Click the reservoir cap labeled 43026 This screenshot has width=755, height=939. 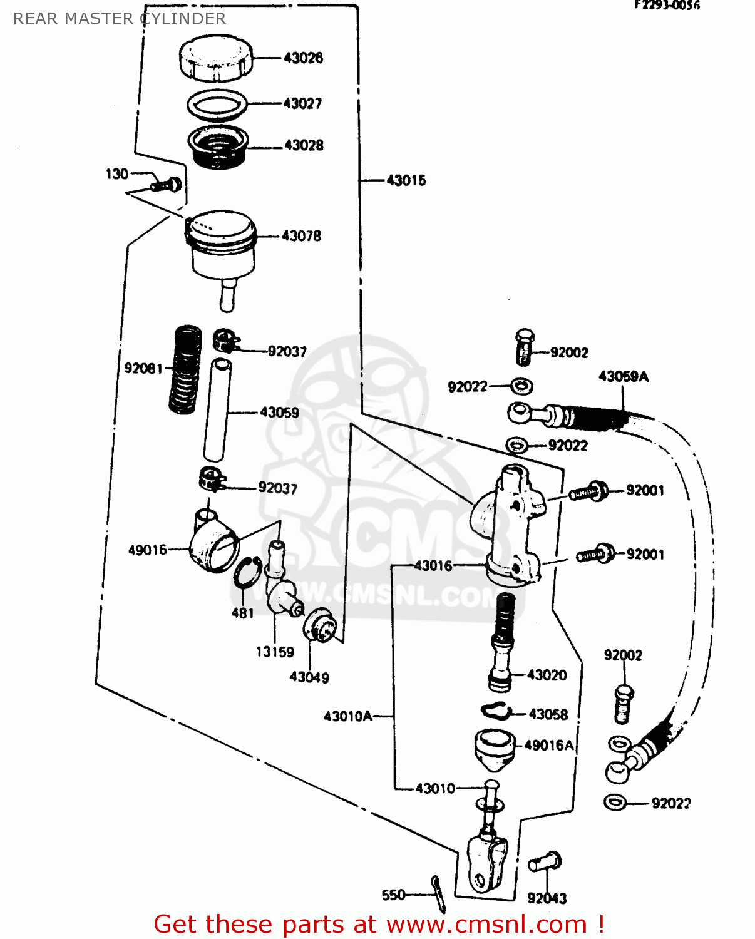(x=216, y=58)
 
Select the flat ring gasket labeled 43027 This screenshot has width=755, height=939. (x=217, y=105)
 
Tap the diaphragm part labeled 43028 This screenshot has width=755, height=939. (x=218, y=148)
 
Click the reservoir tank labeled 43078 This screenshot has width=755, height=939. (x=223, y=247)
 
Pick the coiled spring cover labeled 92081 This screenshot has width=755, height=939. (x=185, y=369)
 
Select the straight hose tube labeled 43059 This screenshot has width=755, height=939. (x=217, y=410)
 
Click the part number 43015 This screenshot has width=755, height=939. (x=406, y=180)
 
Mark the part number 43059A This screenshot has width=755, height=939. (x=624, y=376)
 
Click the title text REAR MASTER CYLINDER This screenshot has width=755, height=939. (x=120, y=19)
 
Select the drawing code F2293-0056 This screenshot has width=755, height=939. (x=667, y=6)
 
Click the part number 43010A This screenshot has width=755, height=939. (x=347, y=716)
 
